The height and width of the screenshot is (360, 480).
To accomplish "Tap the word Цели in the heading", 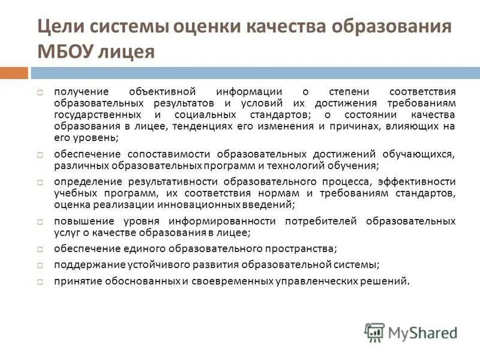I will coord(62,28).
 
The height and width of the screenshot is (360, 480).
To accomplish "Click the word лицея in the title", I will coord(127,52).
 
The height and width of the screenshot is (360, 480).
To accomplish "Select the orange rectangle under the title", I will coord(14,73).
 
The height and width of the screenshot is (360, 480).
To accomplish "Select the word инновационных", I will coord(196,205).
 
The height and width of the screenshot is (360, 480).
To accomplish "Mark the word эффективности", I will coord(418,181).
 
